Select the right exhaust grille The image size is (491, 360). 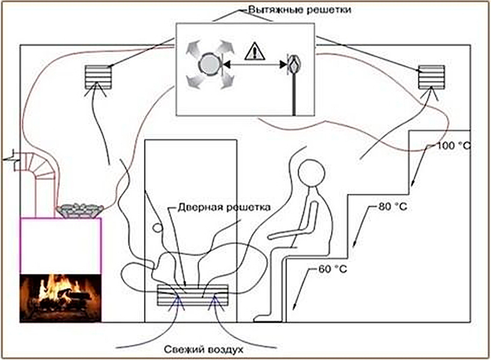pos(431,77)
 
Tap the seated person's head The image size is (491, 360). pos(312,175)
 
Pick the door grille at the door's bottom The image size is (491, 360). pos(194,296)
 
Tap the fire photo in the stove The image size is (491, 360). pos(59,299)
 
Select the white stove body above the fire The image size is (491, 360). pos(59,245)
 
